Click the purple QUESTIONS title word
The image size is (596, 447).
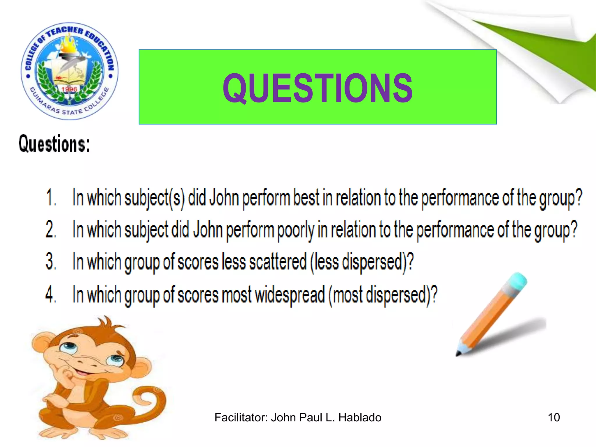317,88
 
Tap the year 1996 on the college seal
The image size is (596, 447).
69,89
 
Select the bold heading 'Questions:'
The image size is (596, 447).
54,144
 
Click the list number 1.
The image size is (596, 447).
51,198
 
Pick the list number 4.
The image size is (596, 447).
51,295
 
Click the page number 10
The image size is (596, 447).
554,418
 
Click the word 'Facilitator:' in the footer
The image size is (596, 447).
241,418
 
